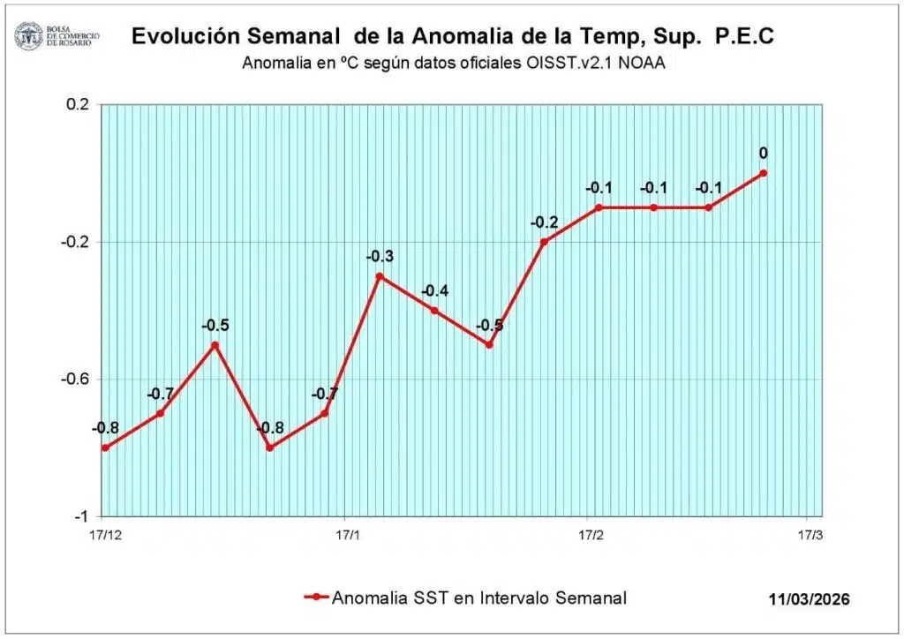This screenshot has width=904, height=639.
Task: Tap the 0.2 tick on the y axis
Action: coord(79,104)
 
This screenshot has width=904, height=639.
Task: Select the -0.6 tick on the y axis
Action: coord(75,379)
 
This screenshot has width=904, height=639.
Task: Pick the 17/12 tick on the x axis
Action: coord(105,535)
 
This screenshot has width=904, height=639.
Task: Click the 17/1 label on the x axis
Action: coord(348,535)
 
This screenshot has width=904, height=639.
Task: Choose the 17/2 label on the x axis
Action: coord(591,535)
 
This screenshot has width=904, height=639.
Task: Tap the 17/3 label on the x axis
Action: coord(810,535)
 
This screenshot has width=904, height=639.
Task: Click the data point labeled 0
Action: coord(763,173)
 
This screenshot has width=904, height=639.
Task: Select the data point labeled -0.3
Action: coord(380,276)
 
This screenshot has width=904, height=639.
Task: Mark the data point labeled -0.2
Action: coord(544,242)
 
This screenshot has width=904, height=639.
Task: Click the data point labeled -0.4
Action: coord(434,311)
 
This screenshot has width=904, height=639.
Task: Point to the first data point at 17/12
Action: coord(105,447)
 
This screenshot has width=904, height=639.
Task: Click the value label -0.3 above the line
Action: coord(380,258)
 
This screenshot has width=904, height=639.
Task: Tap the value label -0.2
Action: coord(544,222)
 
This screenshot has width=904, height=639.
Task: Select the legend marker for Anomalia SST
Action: coord(316,598)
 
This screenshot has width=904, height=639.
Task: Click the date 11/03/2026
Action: coord(809,599)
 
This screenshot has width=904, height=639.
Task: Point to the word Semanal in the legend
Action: coord(591,598)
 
